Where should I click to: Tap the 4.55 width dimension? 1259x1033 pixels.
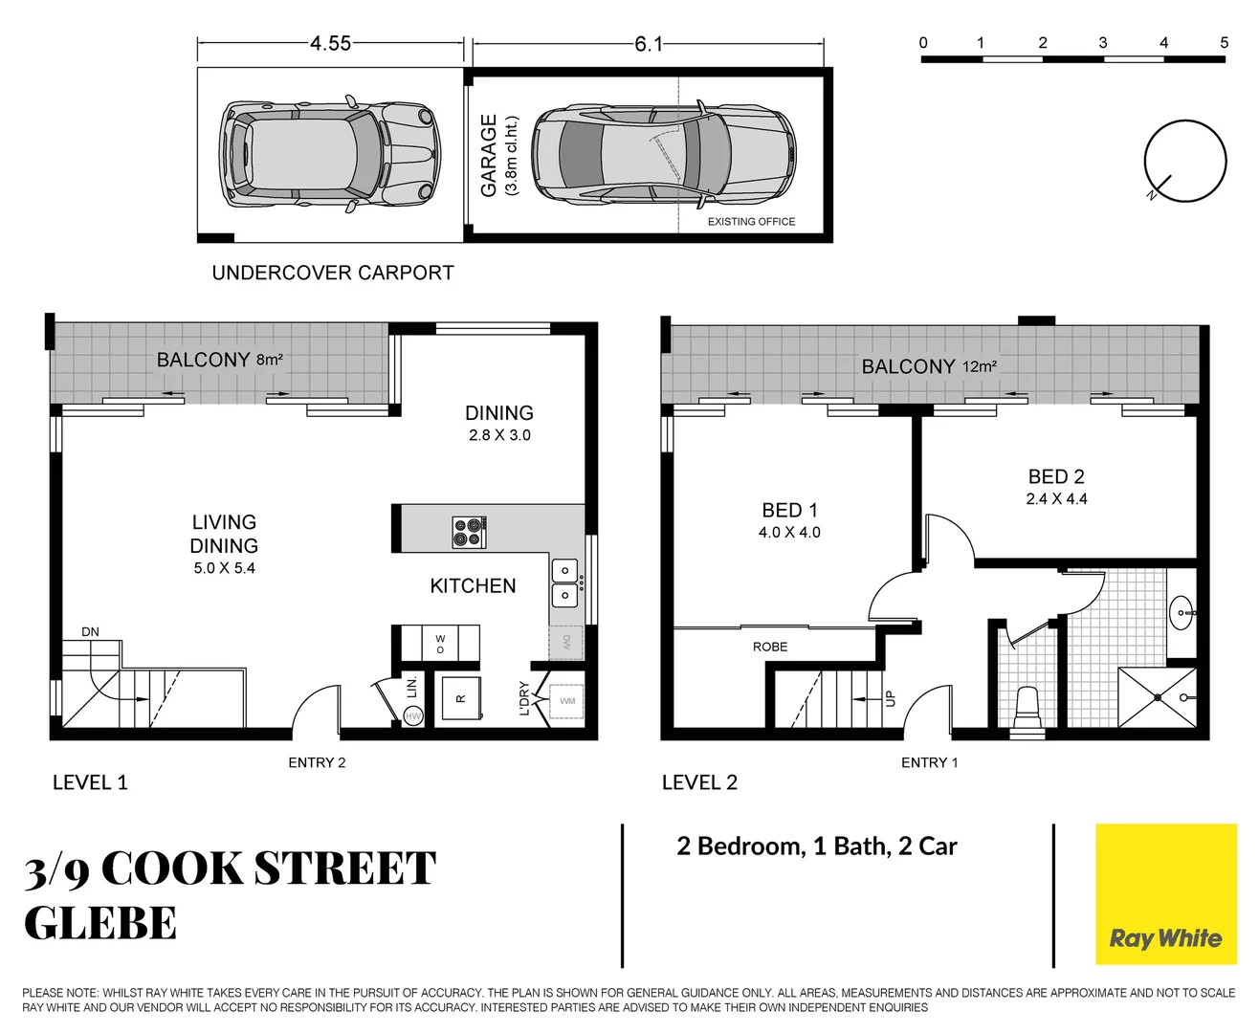point(330,43)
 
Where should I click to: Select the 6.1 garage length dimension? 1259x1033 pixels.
point(648,44)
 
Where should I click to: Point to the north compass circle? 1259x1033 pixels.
point(1185,161)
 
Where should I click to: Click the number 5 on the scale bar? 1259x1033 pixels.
point(1224,42)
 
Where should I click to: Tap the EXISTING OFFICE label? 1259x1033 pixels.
point(751,221)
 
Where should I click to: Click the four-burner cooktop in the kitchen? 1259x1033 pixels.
point(469,532)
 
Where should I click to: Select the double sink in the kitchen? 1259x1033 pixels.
point(564,582)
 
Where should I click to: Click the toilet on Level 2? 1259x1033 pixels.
point(1027,706)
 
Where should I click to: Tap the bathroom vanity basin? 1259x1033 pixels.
point(1182,610)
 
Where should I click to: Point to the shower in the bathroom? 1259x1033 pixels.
point(1158,697)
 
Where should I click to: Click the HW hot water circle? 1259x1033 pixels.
point(413,715)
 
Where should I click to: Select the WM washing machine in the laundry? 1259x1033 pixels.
point(567,701)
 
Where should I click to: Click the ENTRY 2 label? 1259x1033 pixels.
point(317,762)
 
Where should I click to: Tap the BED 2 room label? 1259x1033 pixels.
point(1056,476)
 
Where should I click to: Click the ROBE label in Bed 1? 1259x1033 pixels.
point(769,647)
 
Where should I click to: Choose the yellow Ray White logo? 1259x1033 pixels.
point(1165,893)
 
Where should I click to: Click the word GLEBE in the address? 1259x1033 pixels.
point(100,924)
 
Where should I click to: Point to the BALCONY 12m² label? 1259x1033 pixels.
point(928,366)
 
